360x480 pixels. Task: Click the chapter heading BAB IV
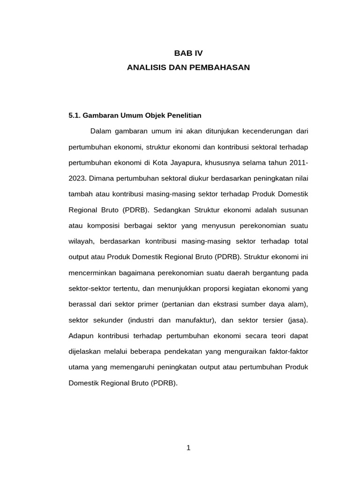point(188,53)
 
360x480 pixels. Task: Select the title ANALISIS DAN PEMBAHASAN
point(188,67)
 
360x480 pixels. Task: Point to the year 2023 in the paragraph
point(77,178)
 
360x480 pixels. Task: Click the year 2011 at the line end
point(297,162)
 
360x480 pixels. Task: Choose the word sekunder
point(107,320)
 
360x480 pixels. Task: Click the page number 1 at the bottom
point(188,448)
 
